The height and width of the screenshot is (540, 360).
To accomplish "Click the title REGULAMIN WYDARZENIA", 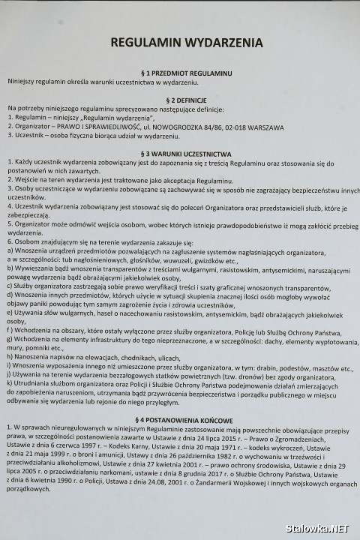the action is (179, 44).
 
